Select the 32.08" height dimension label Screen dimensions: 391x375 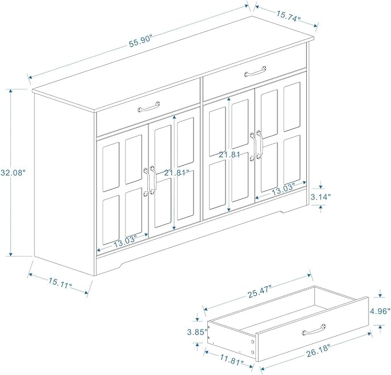pyautogui.click(x=13, y=173)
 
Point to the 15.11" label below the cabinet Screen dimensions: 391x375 pyautogui.click(x=60, y=283)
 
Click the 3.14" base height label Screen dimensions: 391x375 pyautogui.click(x=320, y=197)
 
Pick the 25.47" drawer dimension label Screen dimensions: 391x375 pyautogui.click(x=259, y=292)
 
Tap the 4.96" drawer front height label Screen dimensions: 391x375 pyautogui.click(x=380, y=311)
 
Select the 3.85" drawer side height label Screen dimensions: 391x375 pyautogui.click(x=198, y=332)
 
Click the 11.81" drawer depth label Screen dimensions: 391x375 pyautogui.click(x=232, y=359)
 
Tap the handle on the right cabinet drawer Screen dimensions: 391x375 pyautogui.click(x=255, y=71)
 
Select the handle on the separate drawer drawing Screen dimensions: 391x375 pyautogui.click(x=314, y=330)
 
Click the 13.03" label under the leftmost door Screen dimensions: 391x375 pyautogui.click(x=126, y=242)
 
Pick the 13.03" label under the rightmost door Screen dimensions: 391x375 pyautogui.click(x=283, y=189)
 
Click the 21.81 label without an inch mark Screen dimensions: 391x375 pyautogui.click(x=229, y=155)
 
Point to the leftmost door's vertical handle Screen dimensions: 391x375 pyautogui.click(x=146, y=181)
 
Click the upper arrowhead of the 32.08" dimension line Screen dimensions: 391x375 pyautogui.click(x=10, y=91)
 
